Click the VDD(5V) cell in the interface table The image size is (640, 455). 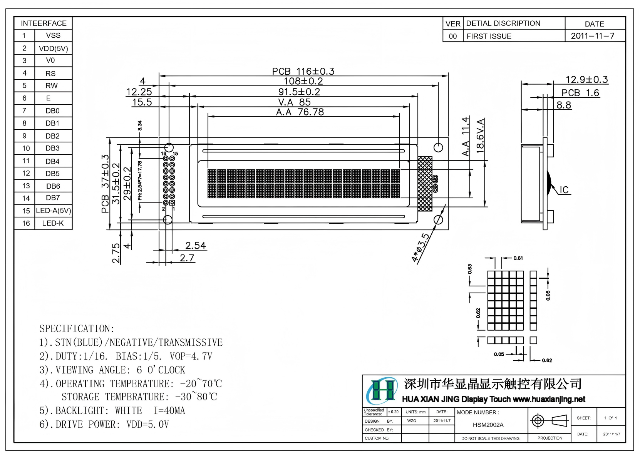53,49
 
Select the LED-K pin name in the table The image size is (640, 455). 53,223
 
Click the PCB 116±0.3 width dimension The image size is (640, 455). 303,71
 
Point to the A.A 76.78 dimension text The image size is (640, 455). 300,112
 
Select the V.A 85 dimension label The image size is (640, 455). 294,102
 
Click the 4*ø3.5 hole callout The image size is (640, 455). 421,248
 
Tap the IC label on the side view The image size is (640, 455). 564,190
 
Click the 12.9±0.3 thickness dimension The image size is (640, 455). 586,80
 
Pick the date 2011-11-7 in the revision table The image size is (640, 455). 592,36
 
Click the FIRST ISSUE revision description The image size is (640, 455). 489,36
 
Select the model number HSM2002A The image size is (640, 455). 488,425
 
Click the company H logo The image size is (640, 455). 382,390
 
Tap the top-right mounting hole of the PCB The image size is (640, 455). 438,147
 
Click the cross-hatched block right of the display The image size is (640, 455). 425,184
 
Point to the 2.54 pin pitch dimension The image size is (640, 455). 195,246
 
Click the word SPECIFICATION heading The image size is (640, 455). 77,329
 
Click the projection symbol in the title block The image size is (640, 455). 550,420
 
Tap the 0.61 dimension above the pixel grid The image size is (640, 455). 518,258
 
